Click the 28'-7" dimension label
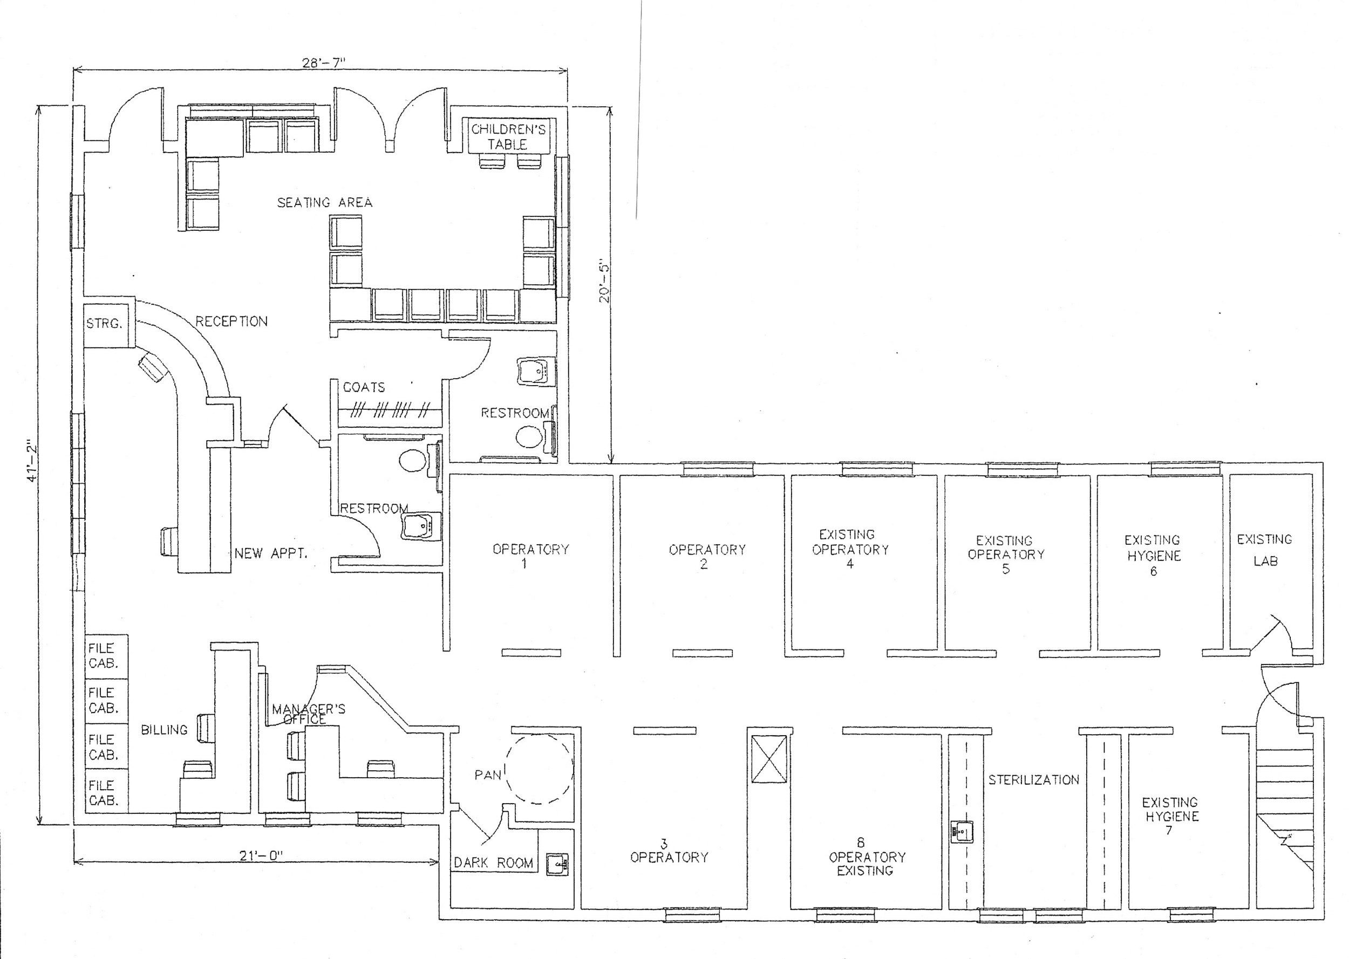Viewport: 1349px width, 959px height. click(x=323, y=63)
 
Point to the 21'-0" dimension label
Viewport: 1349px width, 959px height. click(x=262, y=855)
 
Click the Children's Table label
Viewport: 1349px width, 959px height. click(x=508, y=136)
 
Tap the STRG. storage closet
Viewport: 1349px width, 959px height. click(x=105, y=324)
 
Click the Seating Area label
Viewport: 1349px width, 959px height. click(x=325, y=203)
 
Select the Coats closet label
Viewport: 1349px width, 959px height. click(x=364, y=387)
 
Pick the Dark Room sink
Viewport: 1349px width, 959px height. click(x=557, y=865)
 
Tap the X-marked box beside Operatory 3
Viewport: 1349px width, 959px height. click(x=768, y=759)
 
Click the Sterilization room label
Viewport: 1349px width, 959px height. click(x=1033, y=780)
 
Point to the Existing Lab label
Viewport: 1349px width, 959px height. click(x=1264, y=550)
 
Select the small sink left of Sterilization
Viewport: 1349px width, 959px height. click(x=962, y=832)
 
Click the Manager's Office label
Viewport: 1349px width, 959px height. click(x=308, y=714)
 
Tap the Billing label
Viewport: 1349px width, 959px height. click(x=163, y=730)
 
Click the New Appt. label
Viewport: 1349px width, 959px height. click(x=270, y=553)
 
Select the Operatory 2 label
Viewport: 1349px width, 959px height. click(x=706, y=556)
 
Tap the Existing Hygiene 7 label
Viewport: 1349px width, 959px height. click(x=1169, y=816)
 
